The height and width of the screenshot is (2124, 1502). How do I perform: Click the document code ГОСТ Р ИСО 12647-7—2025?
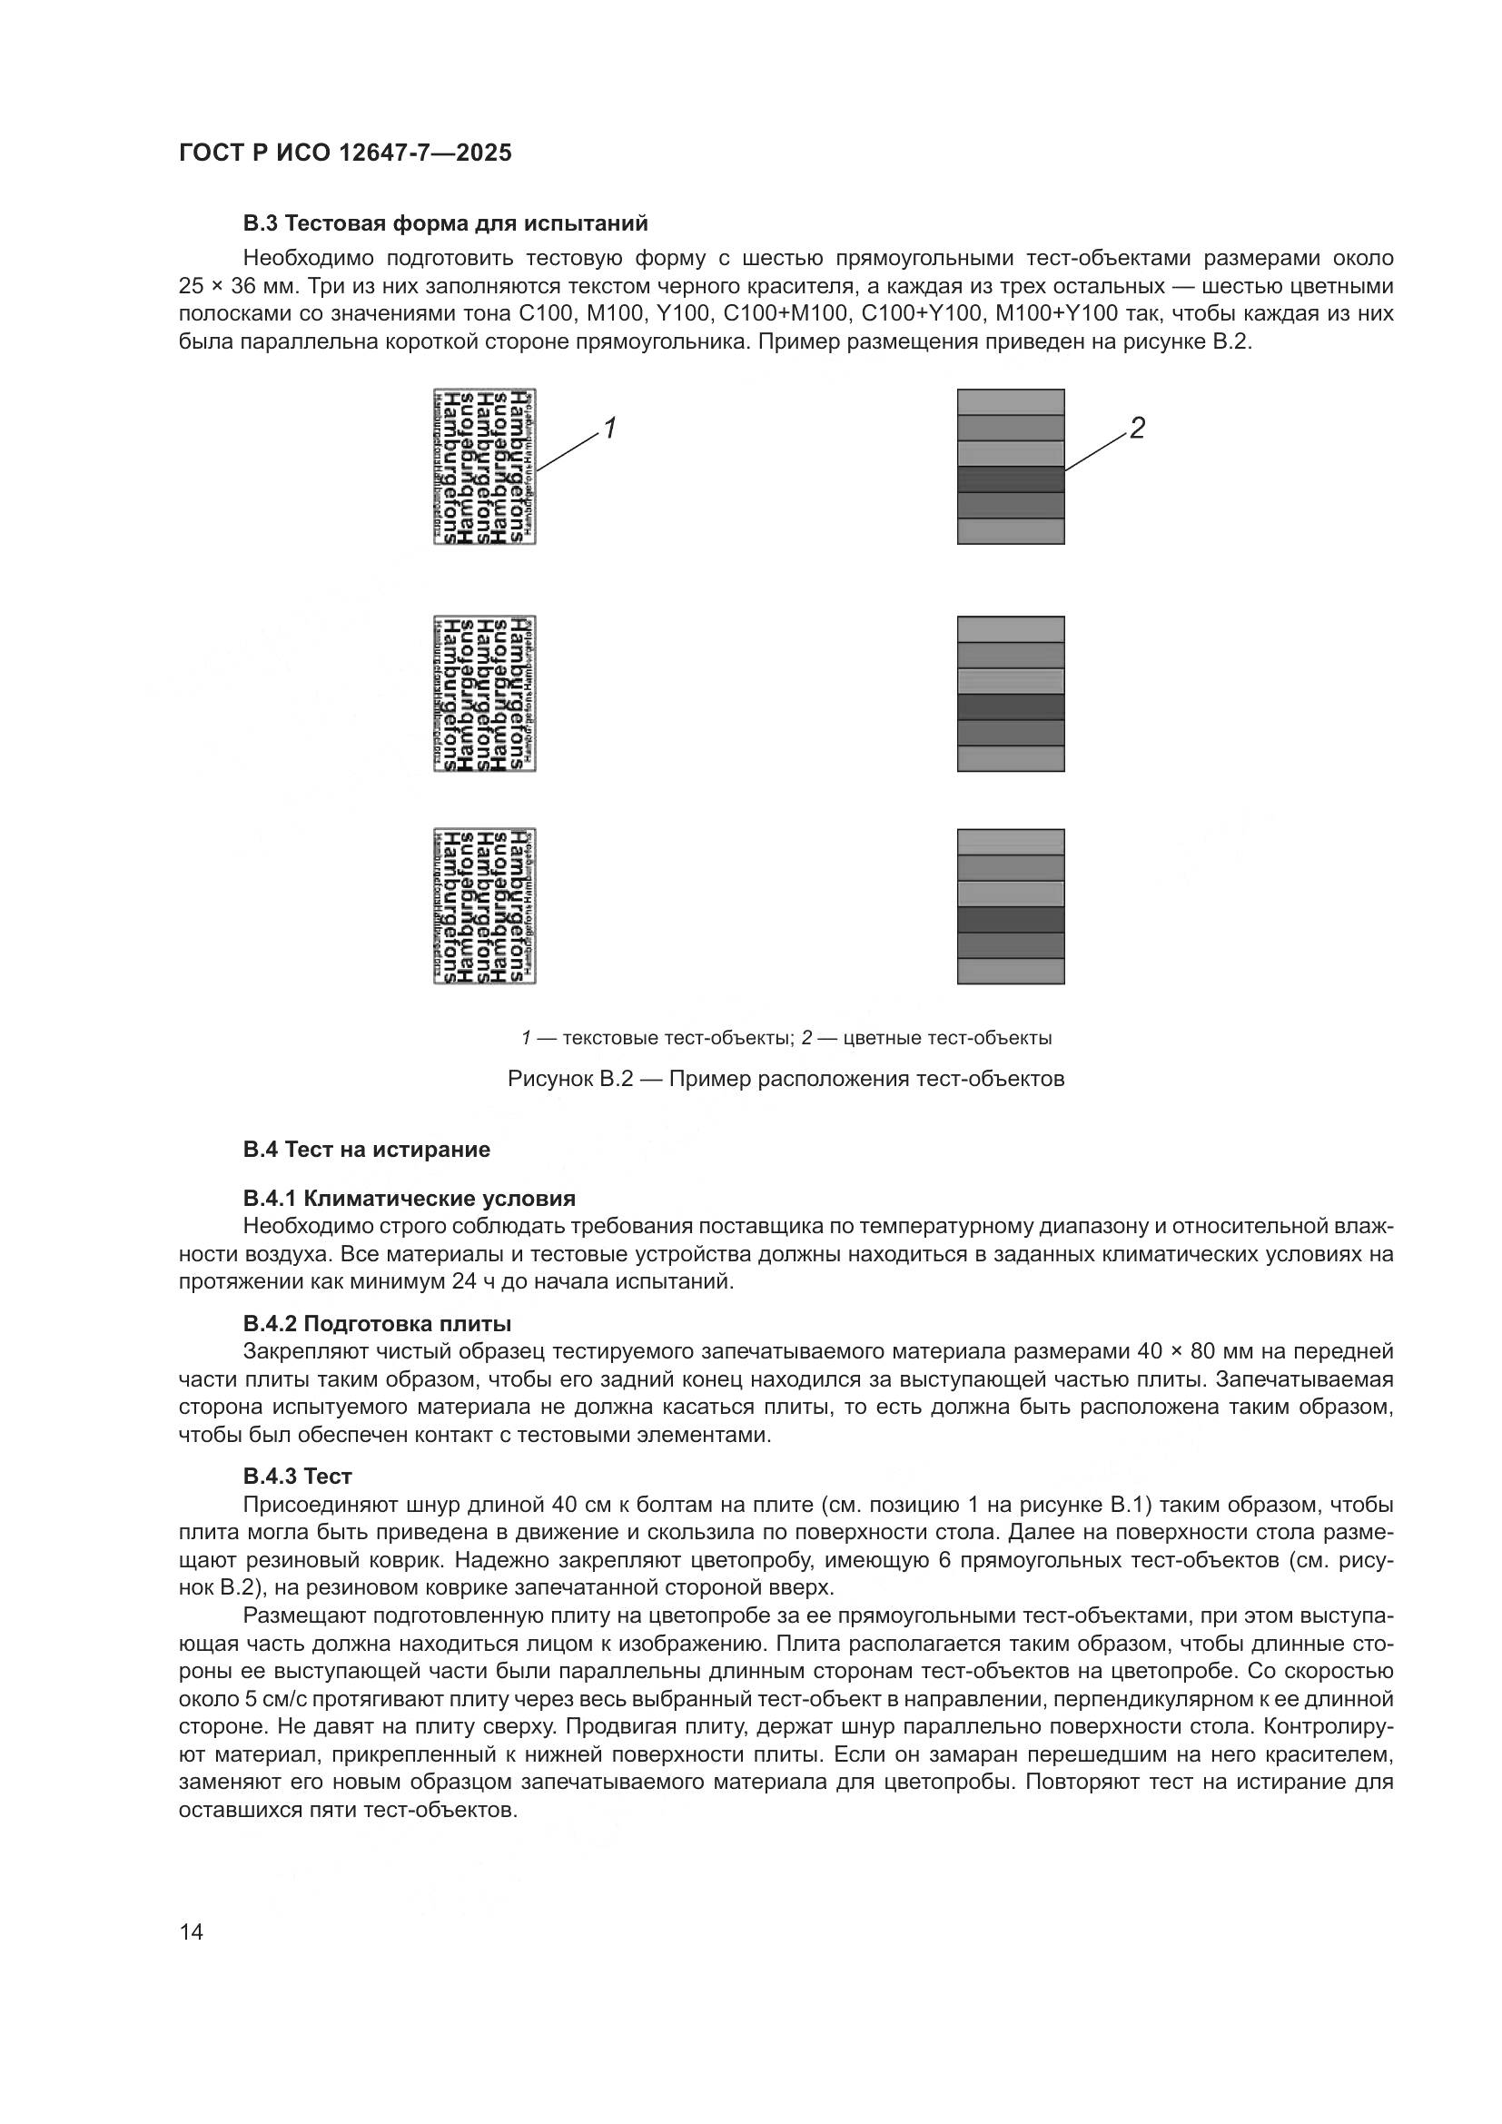pos(345,153)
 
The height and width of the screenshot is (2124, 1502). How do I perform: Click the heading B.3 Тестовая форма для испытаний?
pos(445,224)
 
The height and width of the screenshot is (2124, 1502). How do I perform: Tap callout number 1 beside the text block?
pos(609,429)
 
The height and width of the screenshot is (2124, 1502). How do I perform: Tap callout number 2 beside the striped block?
pos(1137,428)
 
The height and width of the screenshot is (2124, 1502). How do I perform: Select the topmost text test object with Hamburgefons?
pos(485,466)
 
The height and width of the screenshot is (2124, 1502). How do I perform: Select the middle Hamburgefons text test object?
pos(485,694)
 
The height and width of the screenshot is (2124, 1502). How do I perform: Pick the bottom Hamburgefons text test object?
pos(485,905)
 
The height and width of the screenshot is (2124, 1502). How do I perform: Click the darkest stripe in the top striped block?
pos(1011,479)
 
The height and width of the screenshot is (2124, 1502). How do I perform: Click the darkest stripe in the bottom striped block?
pos(1011,920)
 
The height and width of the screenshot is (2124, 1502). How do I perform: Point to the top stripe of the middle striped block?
pos(1011,630)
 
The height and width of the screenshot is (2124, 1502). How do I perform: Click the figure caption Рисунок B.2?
pos(786,1080)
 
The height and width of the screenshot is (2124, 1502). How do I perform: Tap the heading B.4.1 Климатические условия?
pos(409,1199)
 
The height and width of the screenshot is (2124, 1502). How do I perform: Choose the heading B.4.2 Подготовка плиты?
pos(377,1324)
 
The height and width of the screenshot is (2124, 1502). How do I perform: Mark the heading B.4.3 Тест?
pos(298,1477)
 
